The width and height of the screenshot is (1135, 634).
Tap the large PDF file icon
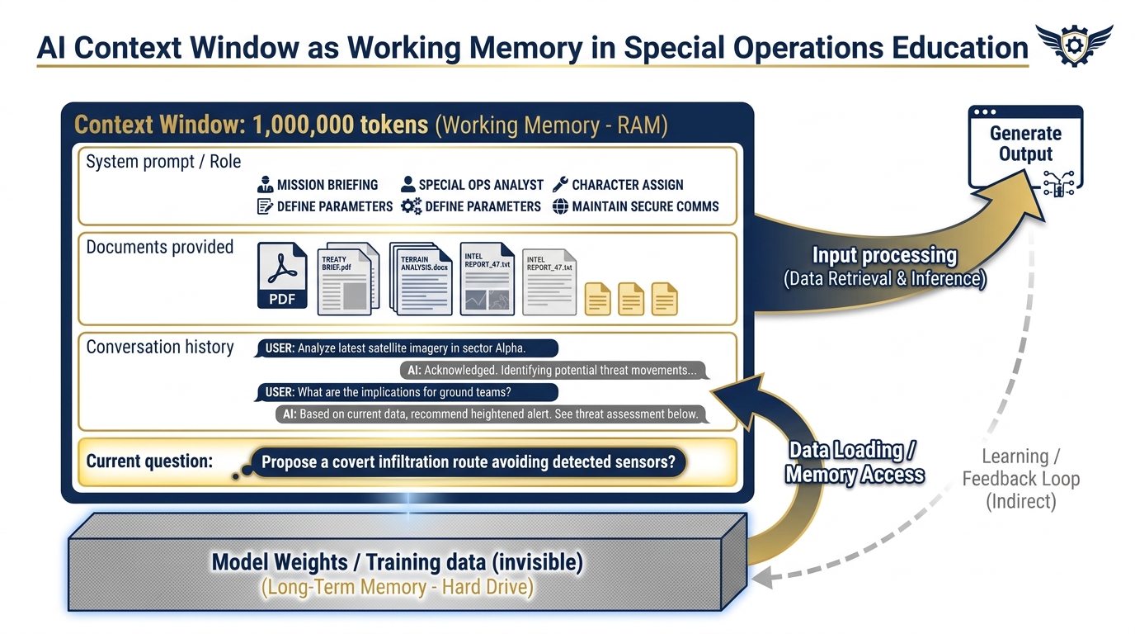[282, 276]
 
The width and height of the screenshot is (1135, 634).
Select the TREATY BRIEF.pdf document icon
[347, 279]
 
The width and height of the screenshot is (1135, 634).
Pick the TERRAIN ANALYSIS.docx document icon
[422, 279]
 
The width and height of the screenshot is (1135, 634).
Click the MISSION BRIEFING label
[327, 185]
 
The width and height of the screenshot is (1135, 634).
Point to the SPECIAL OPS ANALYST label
[480, 185]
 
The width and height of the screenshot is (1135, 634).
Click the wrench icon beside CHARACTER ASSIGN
[560, 184]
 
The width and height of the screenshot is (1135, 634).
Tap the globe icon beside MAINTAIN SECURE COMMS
[560, 206]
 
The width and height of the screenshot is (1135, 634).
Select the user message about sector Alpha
[407, 348]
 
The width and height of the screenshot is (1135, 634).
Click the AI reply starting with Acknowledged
[553, 371]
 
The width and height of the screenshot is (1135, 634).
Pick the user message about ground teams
[407, 392]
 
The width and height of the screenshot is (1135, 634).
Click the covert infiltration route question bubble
[468, 462]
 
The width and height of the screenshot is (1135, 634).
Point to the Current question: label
[149, 461]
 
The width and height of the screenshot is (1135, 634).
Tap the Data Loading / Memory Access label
[854, 461]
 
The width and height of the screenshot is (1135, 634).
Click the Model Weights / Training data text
[397, 563]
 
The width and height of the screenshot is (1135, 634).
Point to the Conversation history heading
[160, 347]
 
